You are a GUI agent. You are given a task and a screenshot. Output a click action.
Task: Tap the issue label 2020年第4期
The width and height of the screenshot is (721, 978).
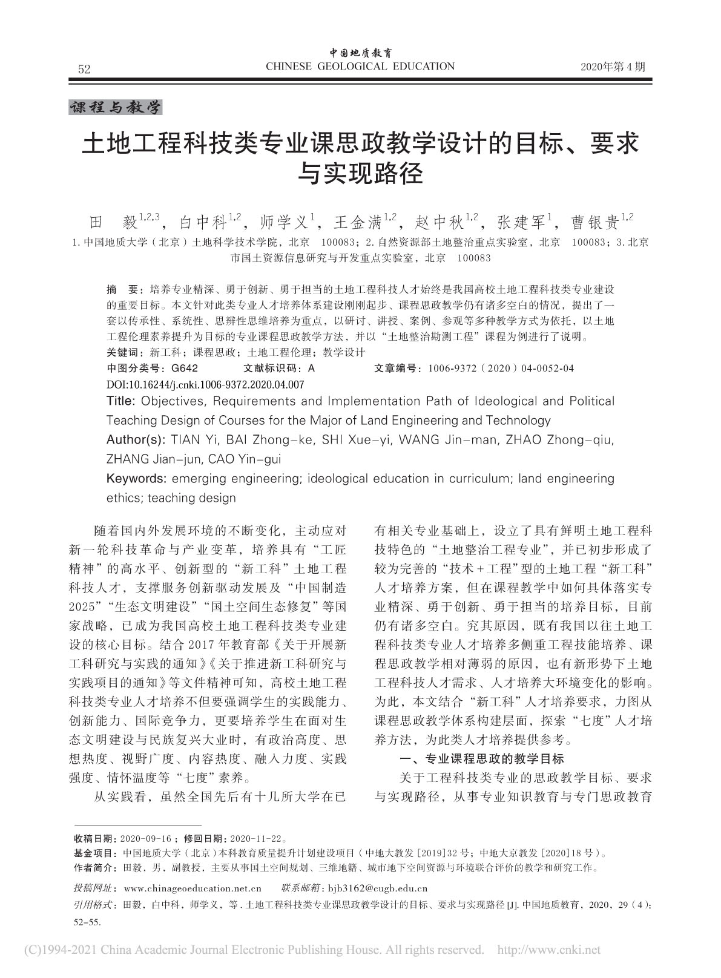point(613,67)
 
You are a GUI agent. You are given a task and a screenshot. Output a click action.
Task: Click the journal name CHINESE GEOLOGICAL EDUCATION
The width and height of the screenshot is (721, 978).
point(360,67)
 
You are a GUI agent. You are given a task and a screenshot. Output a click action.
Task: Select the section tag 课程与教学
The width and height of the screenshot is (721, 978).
point(116,108)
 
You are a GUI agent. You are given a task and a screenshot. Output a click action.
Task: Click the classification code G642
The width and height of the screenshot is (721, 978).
point(185,368)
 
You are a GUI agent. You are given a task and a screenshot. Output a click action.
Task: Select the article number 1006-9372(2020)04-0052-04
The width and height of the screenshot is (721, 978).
point(501,368)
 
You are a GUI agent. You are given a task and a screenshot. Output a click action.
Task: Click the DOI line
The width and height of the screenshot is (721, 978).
point(205,384)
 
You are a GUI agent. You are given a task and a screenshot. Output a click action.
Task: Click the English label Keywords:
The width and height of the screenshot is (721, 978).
point(136,479)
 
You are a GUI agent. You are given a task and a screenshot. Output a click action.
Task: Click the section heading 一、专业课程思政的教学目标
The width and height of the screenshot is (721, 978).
point(482,759)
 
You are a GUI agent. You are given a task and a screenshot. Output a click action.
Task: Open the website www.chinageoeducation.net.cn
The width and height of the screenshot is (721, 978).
point(192,888)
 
